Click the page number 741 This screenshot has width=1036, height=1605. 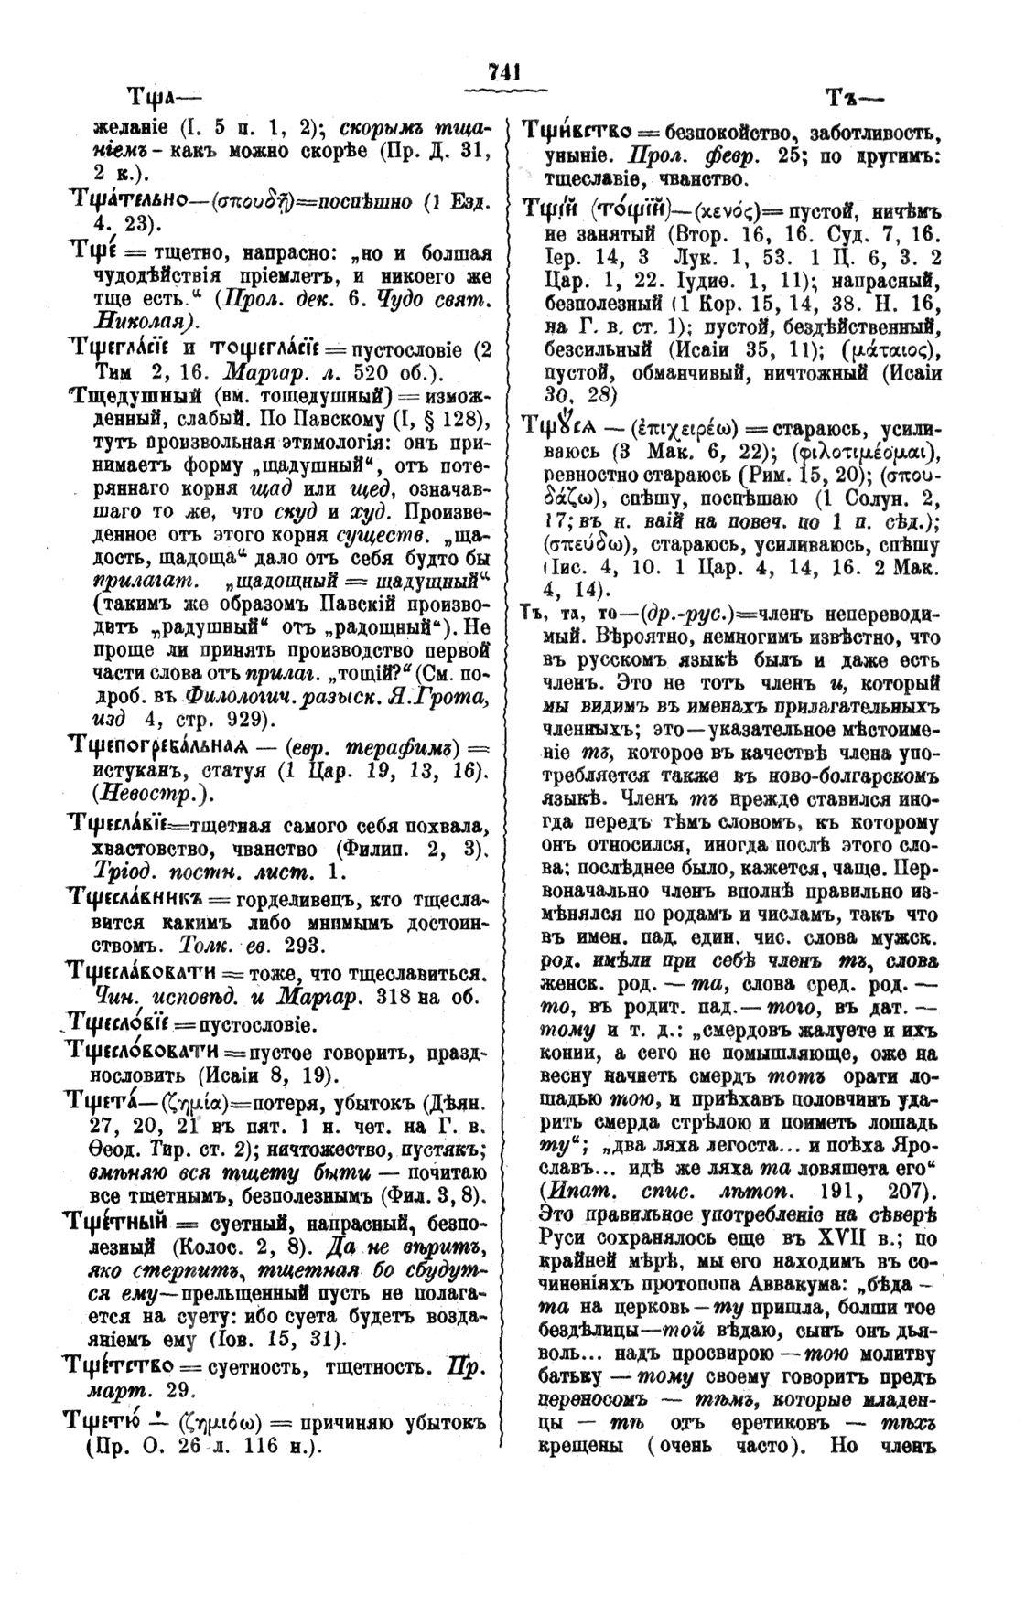click(503, 71)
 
